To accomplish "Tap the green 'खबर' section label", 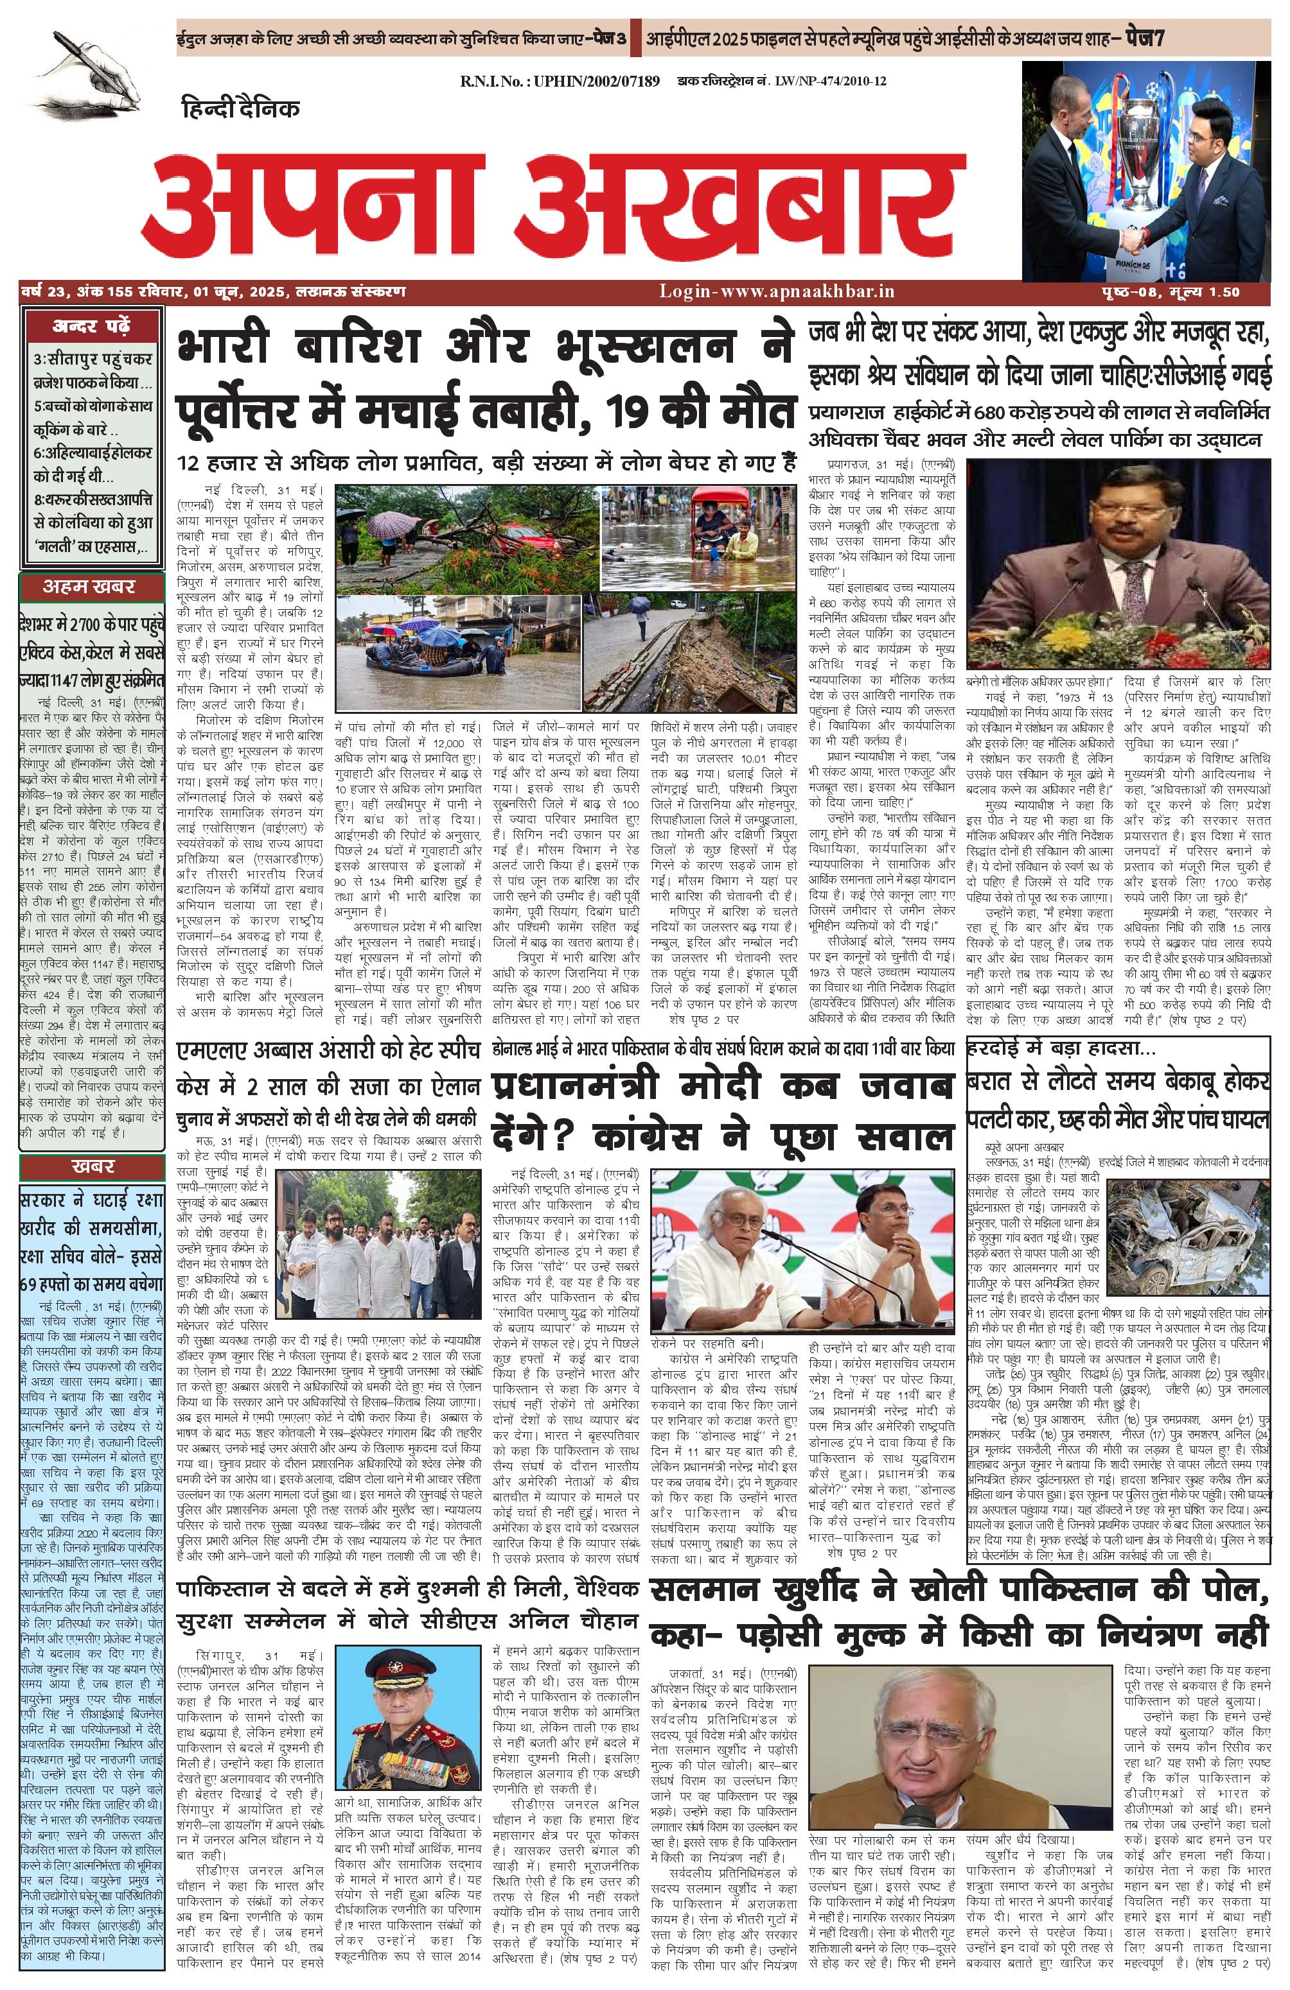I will (92, 1166).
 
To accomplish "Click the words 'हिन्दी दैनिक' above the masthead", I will (240, 108).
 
